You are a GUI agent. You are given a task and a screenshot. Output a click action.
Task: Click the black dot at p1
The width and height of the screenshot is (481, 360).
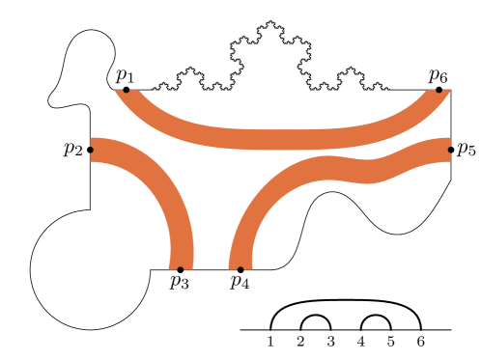point(127,90)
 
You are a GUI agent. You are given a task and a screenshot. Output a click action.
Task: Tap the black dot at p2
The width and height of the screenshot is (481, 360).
point(91,150)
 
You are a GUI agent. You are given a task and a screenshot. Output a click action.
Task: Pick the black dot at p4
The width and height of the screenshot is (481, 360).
point(240,269)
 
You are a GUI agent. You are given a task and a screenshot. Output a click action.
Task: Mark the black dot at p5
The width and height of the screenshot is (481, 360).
point(451,150)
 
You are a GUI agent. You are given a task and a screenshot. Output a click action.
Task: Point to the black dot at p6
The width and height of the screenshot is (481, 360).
point(439,90)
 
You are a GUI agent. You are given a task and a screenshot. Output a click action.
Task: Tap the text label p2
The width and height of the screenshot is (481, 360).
point(72,150)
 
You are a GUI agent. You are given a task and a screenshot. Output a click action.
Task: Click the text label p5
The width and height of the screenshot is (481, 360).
point(467,150)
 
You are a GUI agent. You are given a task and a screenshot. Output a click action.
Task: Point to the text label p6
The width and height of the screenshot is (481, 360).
point(439,74)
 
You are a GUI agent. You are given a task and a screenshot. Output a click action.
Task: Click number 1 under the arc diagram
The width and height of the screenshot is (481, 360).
point(271,342)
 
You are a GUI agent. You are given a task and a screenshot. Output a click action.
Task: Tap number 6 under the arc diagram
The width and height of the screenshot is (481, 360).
point(420,342)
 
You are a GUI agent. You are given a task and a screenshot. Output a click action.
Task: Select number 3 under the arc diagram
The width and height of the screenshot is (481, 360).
point(331,342)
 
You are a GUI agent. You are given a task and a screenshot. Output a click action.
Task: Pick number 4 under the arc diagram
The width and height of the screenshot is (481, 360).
point(361,342)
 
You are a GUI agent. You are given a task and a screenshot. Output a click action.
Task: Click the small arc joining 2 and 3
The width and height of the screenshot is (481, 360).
point(316,316)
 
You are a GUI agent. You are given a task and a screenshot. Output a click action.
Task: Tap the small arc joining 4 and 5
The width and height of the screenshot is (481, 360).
point(376,316)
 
